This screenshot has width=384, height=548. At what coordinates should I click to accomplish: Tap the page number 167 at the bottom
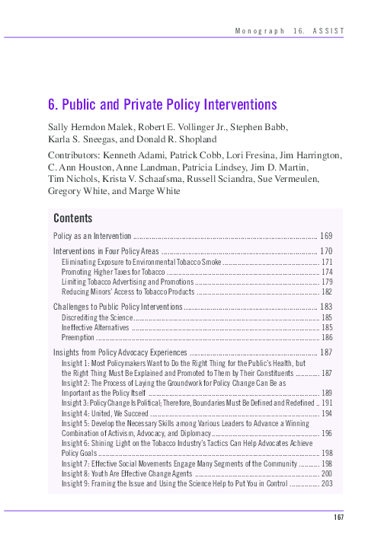tap(340, 518)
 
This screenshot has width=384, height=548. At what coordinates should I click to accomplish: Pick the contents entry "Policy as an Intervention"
tap(93, 235)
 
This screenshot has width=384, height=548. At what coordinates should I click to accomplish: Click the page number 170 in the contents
tap(327, 251)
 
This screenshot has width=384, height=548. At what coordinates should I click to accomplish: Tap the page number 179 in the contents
tap(326, 282)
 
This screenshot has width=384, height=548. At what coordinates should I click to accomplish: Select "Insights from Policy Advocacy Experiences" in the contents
tap(120, 353)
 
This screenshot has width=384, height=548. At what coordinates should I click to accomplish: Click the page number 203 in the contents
tap(326, 483)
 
